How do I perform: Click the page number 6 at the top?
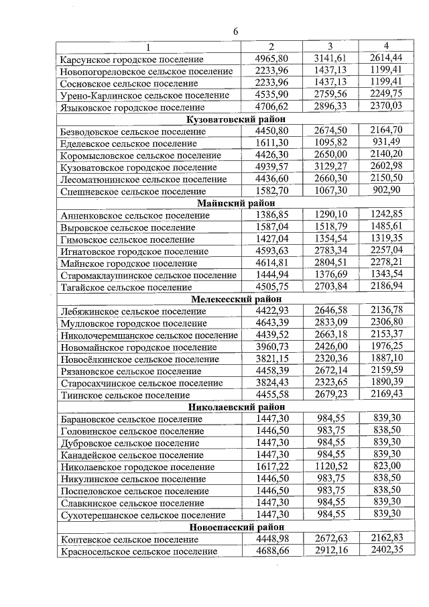point(236,31)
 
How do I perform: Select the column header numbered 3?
point(330,46)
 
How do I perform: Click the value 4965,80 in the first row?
point(271,58)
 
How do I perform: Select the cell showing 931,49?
point(385,143)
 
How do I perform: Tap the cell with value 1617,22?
point(271,466)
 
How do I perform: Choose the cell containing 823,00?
point(385,466)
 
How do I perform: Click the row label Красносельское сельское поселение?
point(139,551)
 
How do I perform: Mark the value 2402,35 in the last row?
point(385,551)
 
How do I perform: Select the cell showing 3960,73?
point(271,346)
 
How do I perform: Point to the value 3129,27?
point(330,167)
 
